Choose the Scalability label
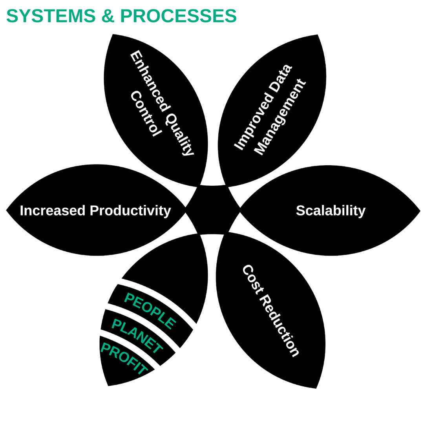click(331, 211)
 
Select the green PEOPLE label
click(150, 311)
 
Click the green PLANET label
click(137, 336)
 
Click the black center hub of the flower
click(212, 210)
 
